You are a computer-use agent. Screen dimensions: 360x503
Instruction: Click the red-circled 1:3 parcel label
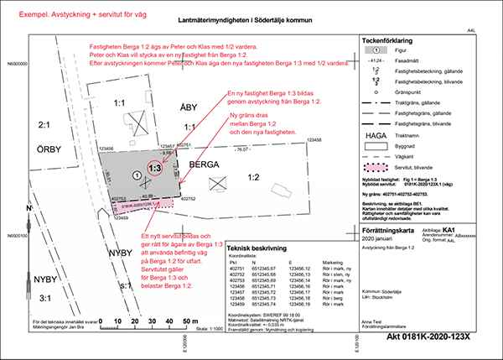pos(154,168)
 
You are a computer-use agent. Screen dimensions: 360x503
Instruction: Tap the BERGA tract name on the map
pos(206,165)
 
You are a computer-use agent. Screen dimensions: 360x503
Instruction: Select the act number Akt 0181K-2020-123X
pos(435,337)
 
